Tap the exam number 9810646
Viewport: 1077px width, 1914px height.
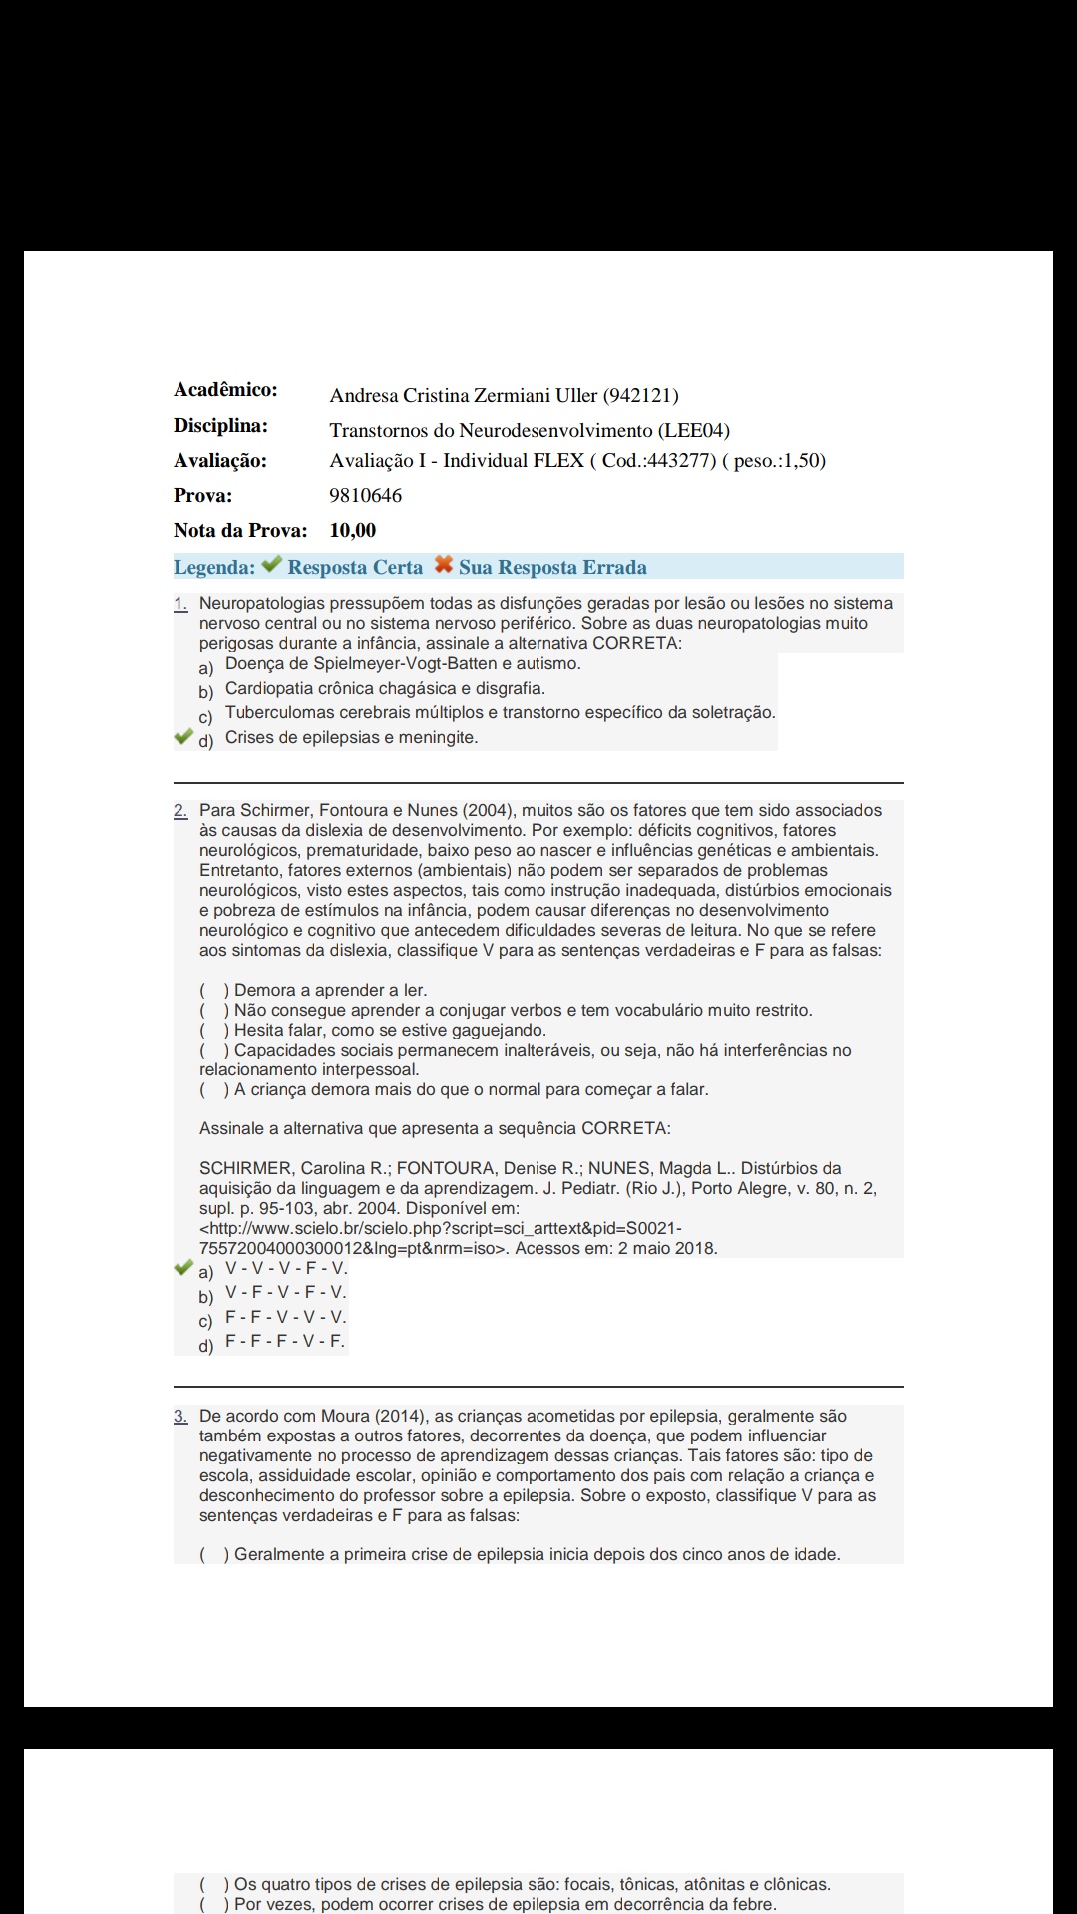pyautogui.click(x=366, y=496)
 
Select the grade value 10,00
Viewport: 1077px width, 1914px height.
pyautogui.click(x=353, y=531)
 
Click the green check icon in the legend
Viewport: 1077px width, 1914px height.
pyautogui.click(x=272, y=565)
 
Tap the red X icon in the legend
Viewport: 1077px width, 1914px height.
pyautogui.click(x=444, y=565)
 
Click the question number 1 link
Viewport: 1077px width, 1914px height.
pyautogui.click(x=180, y=604)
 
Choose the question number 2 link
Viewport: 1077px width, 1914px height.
pyautogui.click(x=180, y=811)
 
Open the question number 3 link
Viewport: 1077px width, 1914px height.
pyautogui.click(x=180, y=1417)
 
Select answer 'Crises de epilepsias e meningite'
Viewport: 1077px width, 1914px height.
pyautogui.click(x=351, y=738)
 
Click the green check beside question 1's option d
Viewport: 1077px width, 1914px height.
pyautogui.click(x=183, y=737)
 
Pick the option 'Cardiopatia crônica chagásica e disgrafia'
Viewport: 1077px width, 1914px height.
pyautogui.click(x=385, y=689)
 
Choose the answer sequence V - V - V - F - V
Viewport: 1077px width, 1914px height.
pyautogui.click(x=286, y=1269)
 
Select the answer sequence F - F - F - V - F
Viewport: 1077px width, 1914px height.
pyautogui.click(x=285, y=1342)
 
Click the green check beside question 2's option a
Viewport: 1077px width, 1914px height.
pyautogui.click(x=183, y=1268)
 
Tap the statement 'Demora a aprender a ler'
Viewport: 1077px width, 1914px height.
pyautogui.click(x=330, y=991)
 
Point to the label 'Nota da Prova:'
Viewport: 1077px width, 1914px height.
pyautogui.click(x=240, y=531)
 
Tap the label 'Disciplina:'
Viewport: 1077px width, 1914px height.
pyautogui.click(x=220, y=426)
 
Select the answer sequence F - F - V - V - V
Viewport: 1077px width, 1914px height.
pyautogui.click(x=286, y=1318)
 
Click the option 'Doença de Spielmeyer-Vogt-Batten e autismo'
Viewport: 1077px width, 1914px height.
pyautogui.click(x=403, y=664)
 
